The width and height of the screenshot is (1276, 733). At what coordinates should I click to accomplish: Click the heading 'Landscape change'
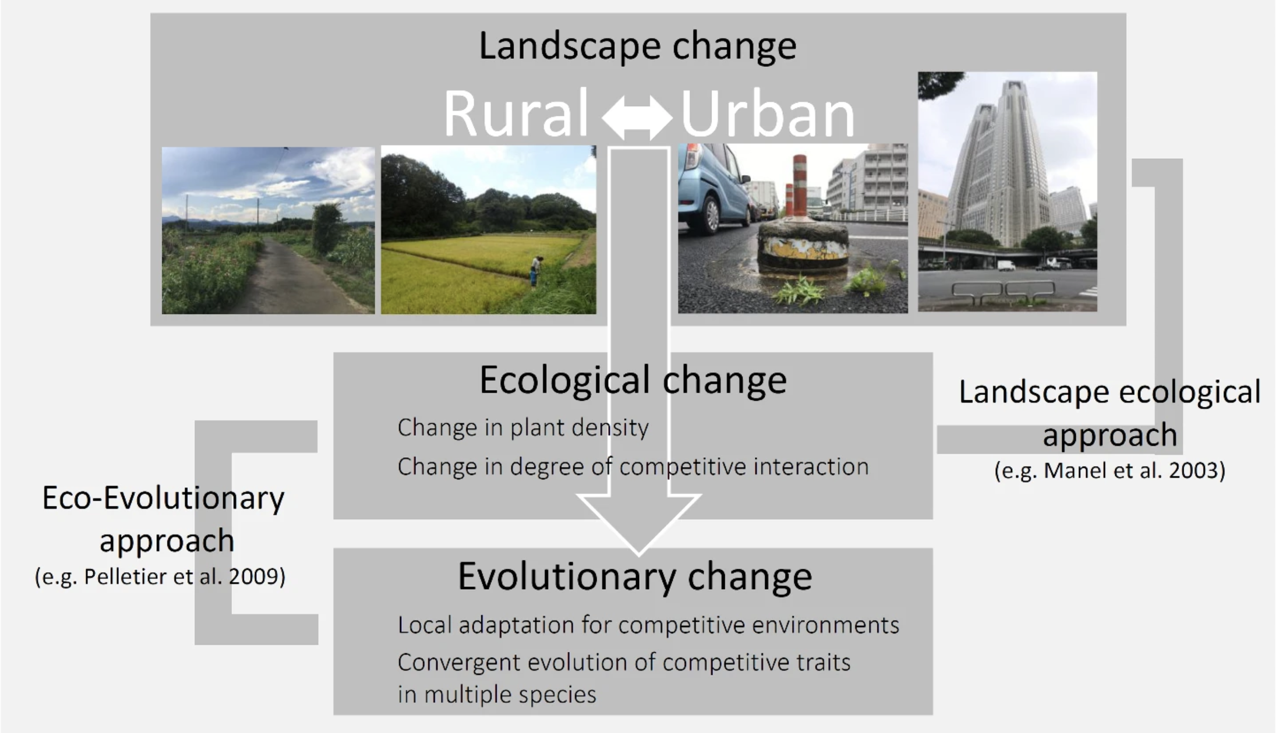click(x=637, y=46)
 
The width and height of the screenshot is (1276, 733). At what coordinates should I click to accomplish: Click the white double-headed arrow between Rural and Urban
click(x=637, y=118)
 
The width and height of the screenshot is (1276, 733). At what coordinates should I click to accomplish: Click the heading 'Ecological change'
click(x=633, y=380)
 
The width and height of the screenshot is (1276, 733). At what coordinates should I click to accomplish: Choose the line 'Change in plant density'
click(x=523, y=428)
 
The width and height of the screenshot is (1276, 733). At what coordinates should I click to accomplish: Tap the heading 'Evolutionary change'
click(x=635, y=577)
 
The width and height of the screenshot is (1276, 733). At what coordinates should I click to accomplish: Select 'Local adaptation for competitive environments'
click(x=648, y=625)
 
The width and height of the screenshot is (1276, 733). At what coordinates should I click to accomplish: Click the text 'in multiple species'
click(x=497, y=695)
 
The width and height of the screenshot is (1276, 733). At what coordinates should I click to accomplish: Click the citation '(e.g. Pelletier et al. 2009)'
click(x=160, y=577)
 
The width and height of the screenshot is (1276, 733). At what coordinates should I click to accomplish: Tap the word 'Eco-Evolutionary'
click(x=163, y=498)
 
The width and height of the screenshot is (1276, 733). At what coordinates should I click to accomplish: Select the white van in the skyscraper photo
click(x=1006, y=265)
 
